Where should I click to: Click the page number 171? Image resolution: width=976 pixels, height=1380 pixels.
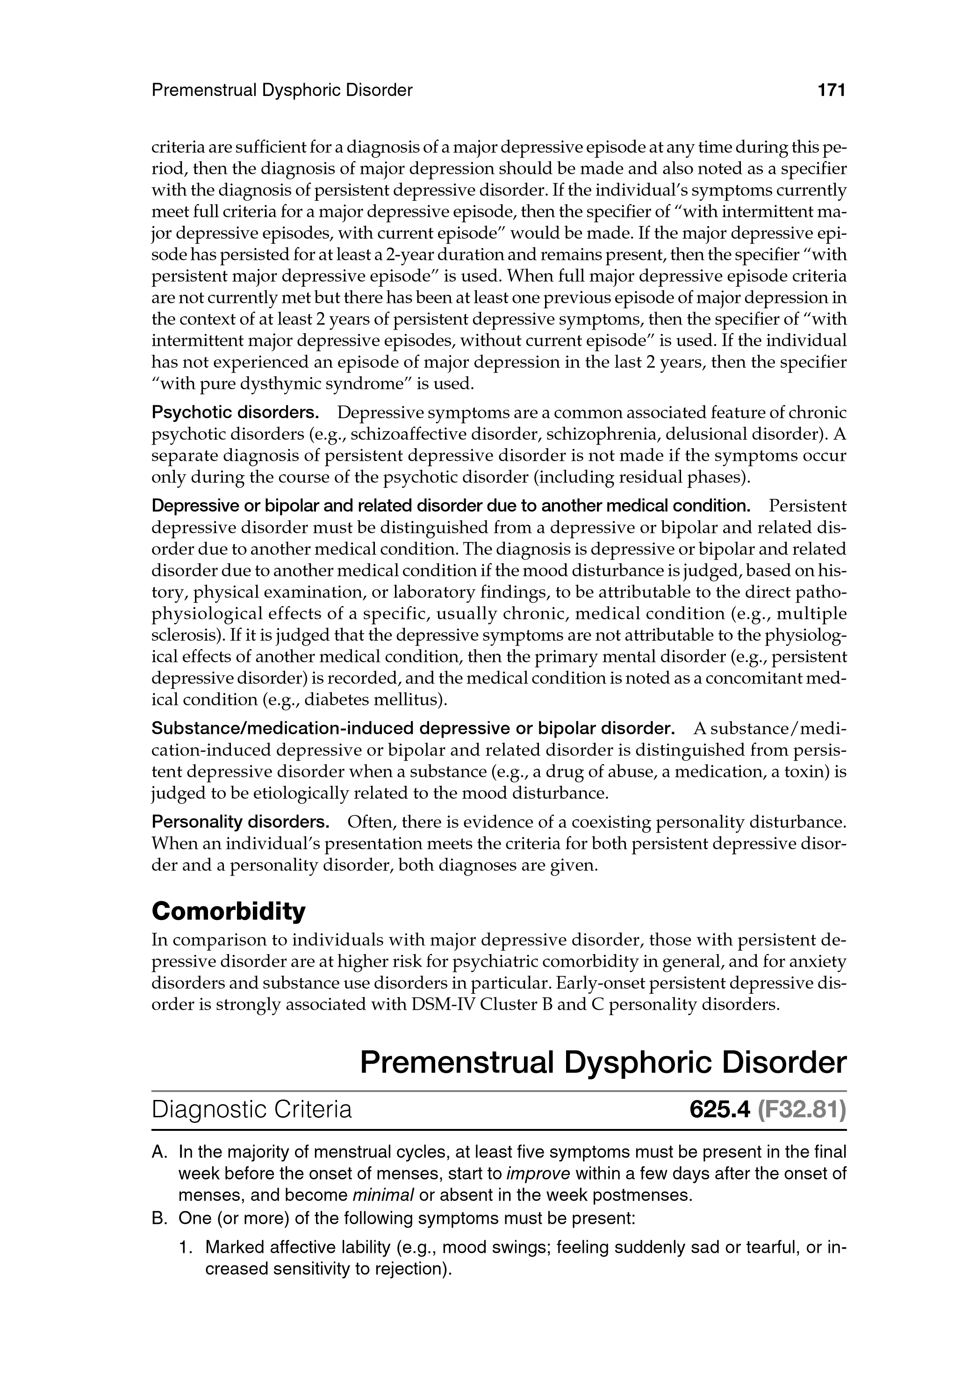[831, 90]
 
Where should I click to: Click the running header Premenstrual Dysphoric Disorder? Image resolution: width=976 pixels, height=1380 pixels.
[282, 90]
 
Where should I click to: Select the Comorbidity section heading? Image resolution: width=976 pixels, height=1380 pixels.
[229, 912]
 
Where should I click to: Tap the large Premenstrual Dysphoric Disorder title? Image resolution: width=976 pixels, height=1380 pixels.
[603, 1063]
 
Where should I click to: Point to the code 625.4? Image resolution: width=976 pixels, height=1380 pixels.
[720, 1109]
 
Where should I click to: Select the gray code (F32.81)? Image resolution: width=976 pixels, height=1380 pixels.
[802, 1109]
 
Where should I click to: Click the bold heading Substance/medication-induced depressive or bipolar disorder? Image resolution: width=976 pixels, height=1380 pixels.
[412, 728]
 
